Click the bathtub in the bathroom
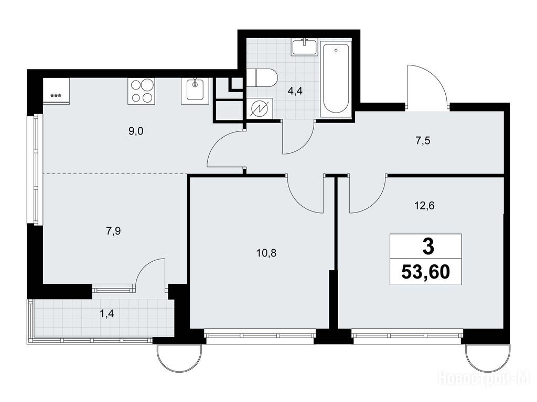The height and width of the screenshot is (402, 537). pyautogui.click(x=336, y=79)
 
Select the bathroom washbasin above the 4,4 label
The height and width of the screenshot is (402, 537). pyautogui.click(x=305, y=47)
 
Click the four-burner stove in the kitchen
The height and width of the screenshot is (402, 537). pyautogui.click(x=141, y=91)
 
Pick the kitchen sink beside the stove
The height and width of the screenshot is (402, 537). pyautogui.click(x=194, y=91)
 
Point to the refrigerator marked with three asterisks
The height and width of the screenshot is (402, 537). pyautogui.click(x=56, y=90)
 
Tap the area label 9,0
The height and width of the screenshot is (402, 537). pyautogui.click(x=136, y=131)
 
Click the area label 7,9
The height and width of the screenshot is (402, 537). pyautogui.click(x=113, y=231)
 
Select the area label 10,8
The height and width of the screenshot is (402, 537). pyautogui.click(x=266, y=253)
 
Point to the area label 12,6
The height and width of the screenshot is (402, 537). pyautogui.click(x=424, y=206)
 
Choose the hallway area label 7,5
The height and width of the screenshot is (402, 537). pyautogui.click(x=423, y=140)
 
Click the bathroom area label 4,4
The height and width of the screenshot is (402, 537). pyautogui.click(x=295, y=91)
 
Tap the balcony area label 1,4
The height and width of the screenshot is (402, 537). pyautogui.click(x=106, y=313)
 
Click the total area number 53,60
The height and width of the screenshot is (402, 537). pyautogui.click(x=425, y=272)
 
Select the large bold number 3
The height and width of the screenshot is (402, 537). pyautogui.click(x=428, y=247)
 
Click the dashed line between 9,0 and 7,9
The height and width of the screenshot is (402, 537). pyautogui.click(x=115, y=174)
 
